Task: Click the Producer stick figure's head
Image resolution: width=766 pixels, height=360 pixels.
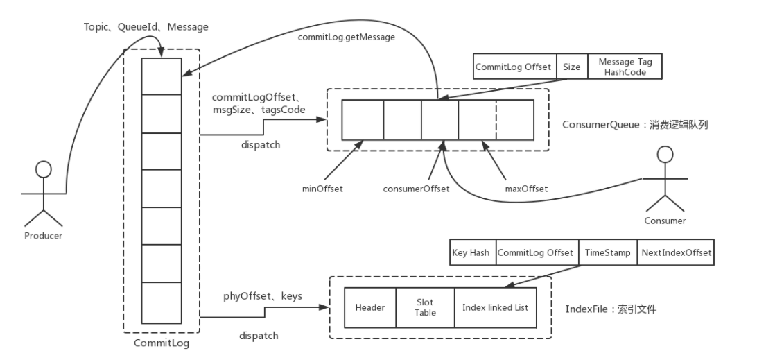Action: [43, 169]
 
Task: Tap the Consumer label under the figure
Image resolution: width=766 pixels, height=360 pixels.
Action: [664, 221]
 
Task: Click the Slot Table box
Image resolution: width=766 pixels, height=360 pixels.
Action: [425, 307]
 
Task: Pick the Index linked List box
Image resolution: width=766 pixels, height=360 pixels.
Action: [495, 307]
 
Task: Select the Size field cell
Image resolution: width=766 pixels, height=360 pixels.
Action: [571, 67]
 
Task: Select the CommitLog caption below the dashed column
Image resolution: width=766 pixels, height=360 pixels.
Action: [161, 342]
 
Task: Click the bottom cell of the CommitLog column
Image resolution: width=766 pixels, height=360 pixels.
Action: [161, 299]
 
